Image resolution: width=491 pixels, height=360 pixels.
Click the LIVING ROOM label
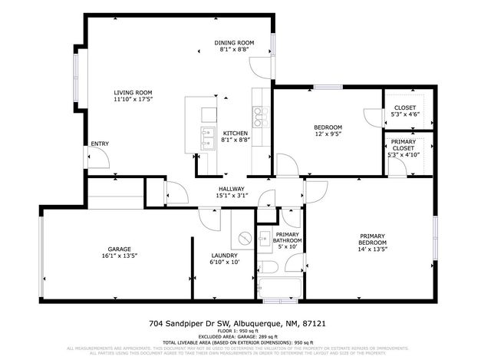point(133,92)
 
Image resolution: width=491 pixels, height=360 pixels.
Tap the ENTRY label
point(100,144)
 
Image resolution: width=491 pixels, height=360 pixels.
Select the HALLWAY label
point(231,189)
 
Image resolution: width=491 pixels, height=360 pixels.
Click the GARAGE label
point(119,249)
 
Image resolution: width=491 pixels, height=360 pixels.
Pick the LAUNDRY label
point(225,255)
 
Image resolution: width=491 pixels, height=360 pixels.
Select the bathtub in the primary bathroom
point(277,290)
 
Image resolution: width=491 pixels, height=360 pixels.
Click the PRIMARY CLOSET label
point(403,145)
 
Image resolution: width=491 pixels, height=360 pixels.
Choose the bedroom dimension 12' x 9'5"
point(328,134)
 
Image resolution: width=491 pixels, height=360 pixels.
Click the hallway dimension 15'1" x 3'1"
point(231,196)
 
